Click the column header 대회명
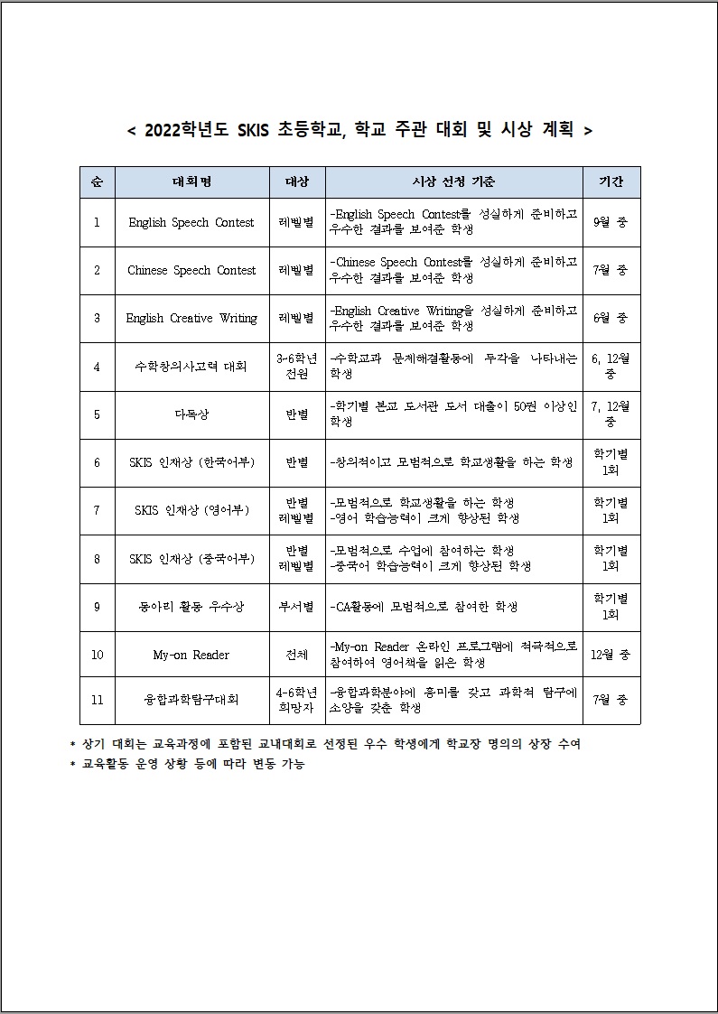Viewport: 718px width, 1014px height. [x=191, y=182]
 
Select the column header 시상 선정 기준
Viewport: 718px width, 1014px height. [x=453, y=182]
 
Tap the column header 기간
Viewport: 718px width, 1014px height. [x=611, y=182]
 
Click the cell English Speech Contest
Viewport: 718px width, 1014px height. [x=191, y=222]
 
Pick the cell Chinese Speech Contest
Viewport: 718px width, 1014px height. [x=191, y=270]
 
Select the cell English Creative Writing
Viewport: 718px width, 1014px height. [x=191, y=318]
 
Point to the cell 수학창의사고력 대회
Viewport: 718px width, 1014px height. [x=191, y=366]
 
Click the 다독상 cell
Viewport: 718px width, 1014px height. [x=191, y=414]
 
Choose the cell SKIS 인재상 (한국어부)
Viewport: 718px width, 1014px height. [x=191, y=462]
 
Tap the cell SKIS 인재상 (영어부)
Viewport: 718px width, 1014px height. [x=191, y=510]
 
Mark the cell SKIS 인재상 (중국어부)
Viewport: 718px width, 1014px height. [x=191, y=558]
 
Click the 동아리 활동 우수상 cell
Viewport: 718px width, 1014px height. [x=191, y=607]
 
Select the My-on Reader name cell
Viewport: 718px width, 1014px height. [x=191, y=655]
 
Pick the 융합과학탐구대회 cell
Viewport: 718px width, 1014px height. [x=191, y=700]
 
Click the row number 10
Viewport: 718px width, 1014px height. [x=97, y=655]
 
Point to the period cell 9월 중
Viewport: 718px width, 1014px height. [x=611, y=222]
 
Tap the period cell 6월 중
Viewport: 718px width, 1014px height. [x=611, y=318]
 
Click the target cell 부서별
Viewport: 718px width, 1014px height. [x=297, y=607]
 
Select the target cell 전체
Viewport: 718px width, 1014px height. [x=297, y=655]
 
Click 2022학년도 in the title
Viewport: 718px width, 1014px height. [x=187, y=130]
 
